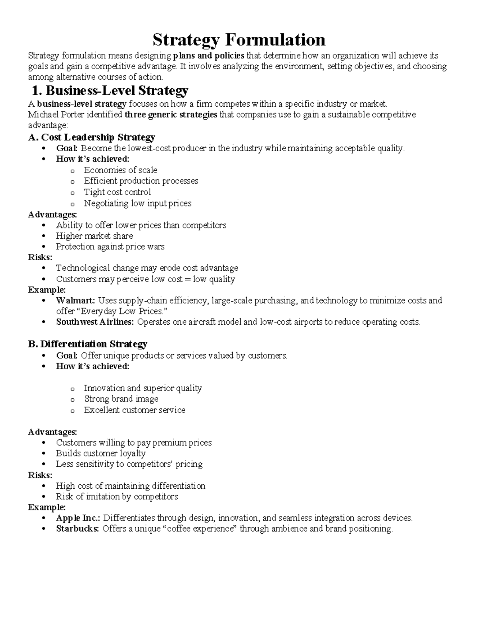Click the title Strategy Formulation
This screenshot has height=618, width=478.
(239, 40)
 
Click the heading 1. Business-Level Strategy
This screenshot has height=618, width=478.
(110, 91)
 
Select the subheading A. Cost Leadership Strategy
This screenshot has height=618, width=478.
(92, 137)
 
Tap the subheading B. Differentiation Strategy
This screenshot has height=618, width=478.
(88, 344)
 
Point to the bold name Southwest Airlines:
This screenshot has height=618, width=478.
(95, 322)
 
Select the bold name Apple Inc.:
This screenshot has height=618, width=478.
(78, 518)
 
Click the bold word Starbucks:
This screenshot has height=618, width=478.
(77, 529)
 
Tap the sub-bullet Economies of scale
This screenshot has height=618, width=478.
(120, 170)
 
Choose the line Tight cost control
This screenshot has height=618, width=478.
(117, 192)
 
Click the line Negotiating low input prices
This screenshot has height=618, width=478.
(137, 203)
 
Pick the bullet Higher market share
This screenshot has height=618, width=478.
(94, 236)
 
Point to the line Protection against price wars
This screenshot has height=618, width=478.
(110, 247)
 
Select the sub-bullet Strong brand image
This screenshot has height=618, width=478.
(121, 399)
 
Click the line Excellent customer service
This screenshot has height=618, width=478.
(134, 410)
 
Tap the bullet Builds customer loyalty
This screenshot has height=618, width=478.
(100, 453)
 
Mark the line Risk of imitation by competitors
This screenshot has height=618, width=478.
(117, 497)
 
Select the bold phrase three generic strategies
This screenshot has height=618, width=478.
(171, 115)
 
